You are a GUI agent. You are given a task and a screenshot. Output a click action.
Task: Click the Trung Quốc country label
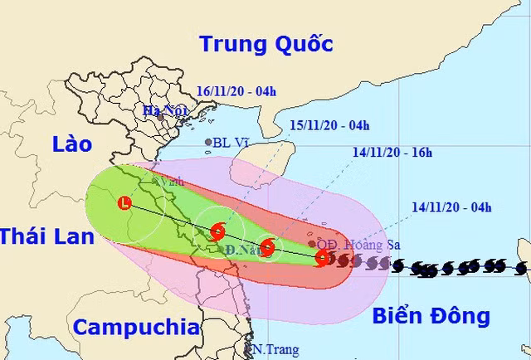(266, 43)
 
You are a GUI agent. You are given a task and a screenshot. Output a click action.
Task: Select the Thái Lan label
(41, 236)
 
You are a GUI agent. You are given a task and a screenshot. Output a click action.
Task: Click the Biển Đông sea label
(431, 315)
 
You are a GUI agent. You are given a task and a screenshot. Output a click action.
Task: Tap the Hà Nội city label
(162, 110)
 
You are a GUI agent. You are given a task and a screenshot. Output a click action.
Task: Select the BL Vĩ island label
(231, 143)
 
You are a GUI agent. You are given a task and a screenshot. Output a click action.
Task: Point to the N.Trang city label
(275, 350)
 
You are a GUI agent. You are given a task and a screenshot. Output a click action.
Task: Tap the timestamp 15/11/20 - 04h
(329, 125)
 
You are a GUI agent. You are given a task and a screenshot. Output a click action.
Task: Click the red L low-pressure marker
(125, 202)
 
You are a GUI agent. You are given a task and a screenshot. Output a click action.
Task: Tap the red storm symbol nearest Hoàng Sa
(322, 260)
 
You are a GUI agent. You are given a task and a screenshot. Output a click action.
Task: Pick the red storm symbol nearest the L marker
(217, 231)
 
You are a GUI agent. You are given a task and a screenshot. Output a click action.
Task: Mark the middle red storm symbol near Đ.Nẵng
(266, 248)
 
